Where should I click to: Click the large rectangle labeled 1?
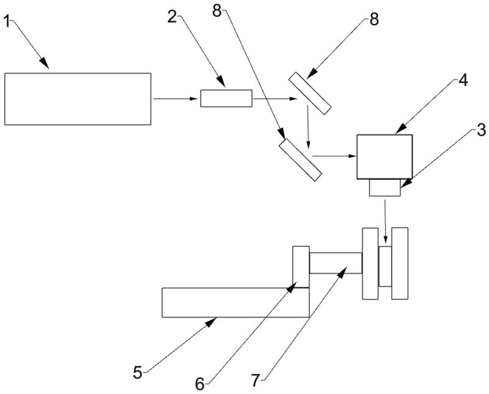tap(78, 98)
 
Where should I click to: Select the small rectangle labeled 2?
tap(226, 98)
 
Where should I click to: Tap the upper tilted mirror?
tap(310, 93)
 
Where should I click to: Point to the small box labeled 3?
tap(385, 188)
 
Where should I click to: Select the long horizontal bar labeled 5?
tap(235, 302)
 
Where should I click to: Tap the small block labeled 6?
tap(301, 266)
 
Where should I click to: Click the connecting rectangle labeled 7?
tap(336, 263)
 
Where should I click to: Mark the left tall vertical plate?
tap(370, 263)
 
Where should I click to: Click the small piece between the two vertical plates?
tap(386, 266)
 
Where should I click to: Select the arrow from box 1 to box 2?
tap(177, 98)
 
